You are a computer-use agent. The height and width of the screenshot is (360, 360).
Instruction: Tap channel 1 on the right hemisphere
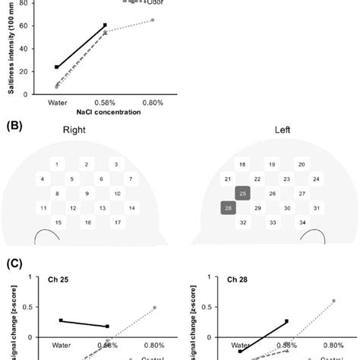tap(57, 164)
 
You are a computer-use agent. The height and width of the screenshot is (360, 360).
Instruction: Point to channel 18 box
tap(242, 164)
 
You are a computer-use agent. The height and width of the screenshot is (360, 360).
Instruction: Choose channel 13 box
tap(99, 207)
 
